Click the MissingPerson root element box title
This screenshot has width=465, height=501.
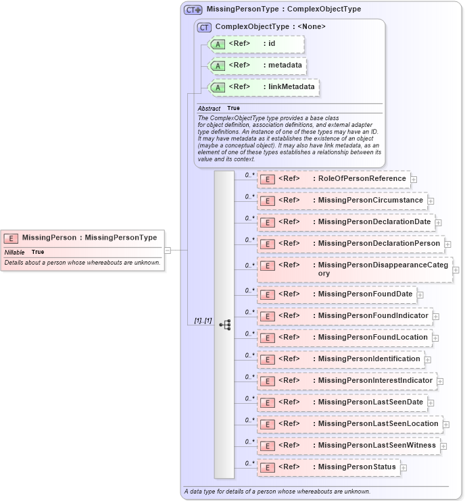point(89,238)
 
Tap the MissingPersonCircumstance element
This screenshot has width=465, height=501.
point(341,201)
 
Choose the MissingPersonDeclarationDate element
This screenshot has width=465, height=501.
point(345,222)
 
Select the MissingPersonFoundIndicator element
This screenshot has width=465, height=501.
point(344,316)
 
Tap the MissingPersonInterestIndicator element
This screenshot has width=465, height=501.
point(346,381)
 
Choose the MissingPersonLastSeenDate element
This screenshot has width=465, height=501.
point(341,402)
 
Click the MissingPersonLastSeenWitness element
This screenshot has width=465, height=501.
point(347,446)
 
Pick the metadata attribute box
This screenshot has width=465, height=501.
point(257,65)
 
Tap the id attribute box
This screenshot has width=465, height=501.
point(256,44)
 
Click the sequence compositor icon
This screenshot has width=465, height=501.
point(224,325)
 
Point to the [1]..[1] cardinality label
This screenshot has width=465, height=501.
point(199,321)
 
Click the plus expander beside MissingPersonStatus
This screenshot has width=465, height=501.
point(403,467)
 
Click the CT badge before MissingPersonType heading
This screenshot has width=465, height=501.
point(193,9)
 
